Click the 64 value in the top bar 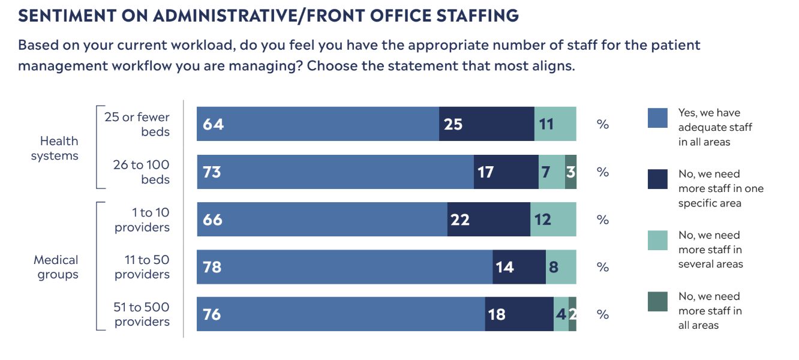tap(213, 124)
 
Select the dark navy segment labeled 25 tap(486, 124)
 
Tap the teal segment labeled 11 tap(555, 124)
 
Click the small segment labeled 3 tap(570, 172)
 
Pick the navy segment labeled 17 tap(506, 172)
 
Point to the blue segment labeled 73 tap(335, 172)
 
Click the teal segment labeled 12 tap(553, 220)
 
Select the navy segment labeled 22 tap(488, 220)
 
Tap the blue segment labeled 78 tap(344, 267)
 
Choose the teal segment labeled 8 tap(561, 267)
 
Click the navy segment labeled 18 tap(519, 314)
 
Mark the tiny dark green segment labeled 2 tap(572, 314)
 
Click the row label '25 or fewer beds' tap(137, 124)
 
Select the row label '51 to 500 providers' tap(142, 314)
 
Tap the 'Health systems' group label tap(55, 148)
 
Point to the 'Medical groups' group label tap(56, 268)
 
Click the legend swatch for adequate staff tap(657, 118)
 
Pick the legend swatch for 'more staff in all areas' tap(657, 302)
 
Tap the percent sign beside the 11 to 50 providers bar tap(602, 268)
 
